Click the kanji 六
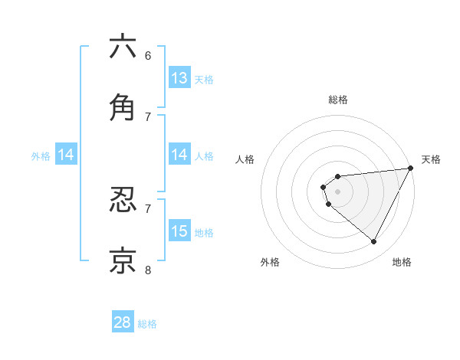[123, 47]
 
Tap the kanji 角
[123, 108]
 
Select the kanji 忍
[123, 200]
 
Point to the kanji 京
[123, 261]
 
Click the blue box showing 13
[179, 77]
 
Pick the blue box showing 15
[179, 231]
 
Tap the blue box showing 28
[123, 322]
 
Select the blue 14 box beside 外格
[66, 155]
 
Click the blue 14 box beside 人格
[179, 155]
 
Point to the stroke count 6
[148, 55]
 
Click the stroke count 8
[148, 270]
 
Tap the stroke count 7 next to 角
[148, 116]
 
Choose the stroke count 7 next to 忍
[148, 208]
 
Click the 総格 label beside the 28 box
[147, 324]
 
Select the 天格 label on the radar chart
[431, 159]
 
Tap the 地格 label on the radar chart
[402, 262]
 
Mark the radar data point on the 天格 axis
[410, 168]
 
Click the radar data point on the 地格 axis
[374, 242]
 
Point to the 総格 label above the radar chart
[337, 100]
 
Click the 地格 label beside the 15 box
[204, 233]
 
